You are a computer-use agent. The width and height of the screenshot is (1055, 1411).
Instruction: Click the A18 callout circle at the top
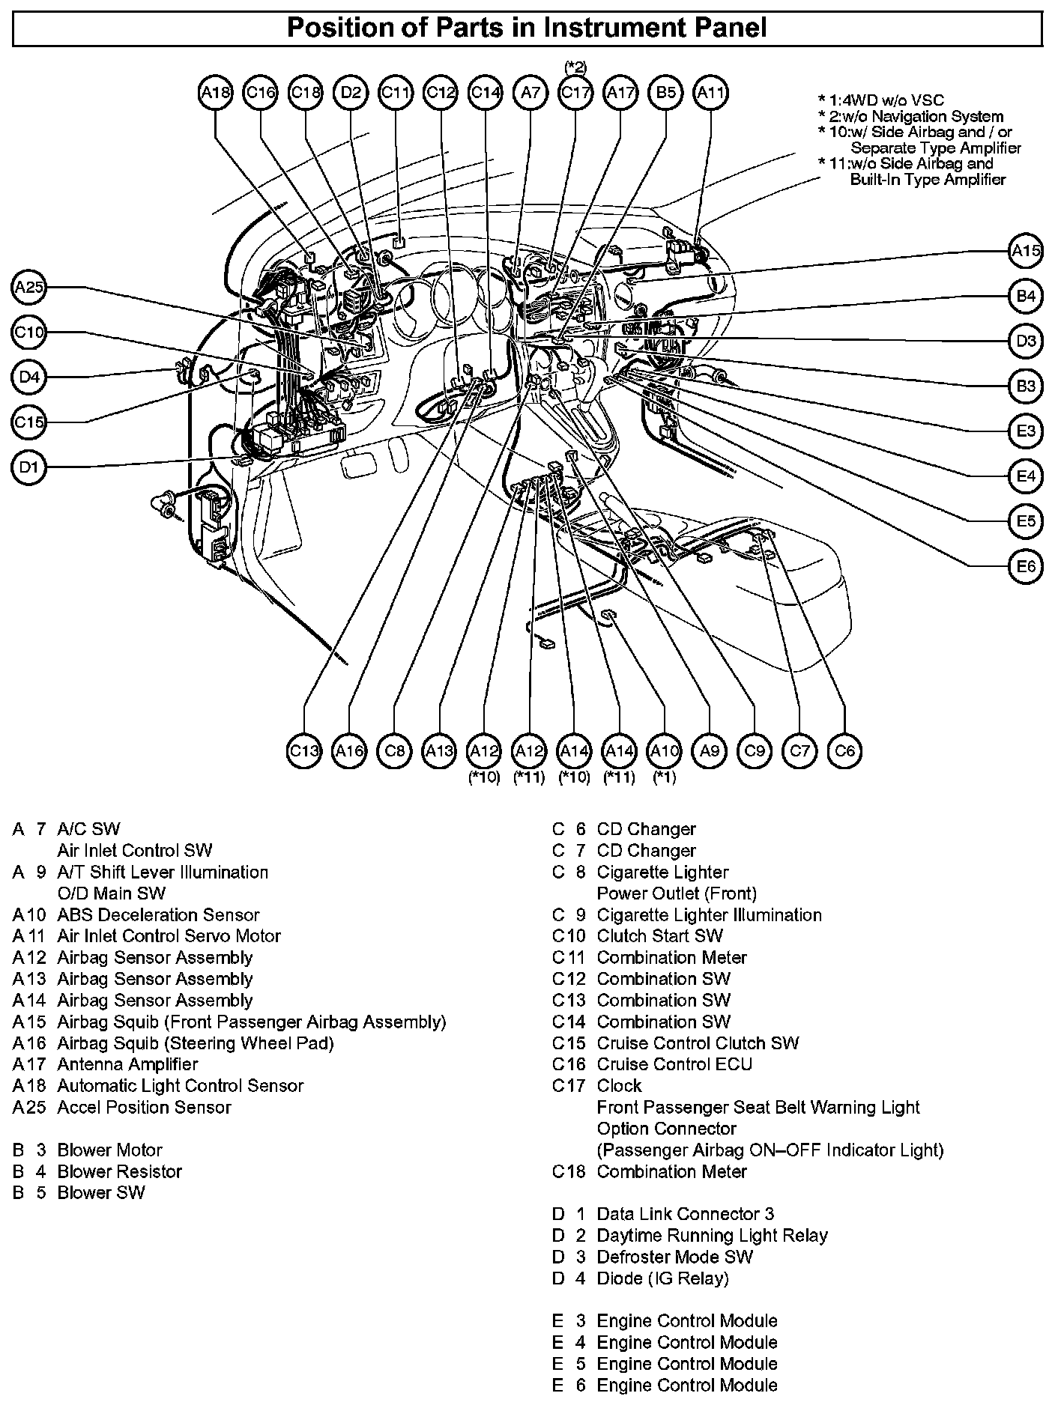pos(216,93)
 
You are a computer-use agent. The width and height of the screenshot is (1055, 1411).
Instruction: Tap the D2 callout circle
pos(351,93)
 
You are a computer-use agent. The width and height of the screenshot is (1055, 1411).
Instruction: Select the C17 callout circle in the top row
pos(575,93)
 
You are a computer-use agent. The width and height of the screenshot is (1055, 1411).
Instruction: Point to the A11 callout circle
pos(710,93)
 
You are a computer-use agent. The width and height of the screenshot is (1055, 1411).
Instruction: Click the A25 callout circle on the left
pos(29,288)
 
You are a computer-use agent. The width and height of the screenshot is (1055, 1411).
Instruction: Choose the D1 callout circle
pos(29,468)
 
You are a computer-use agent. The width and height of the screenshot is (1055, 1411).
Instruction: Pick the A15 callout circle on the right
pos(1026,251)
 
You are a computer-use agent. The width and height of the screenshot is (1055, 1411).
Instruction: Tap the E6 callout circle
pos(1026,566)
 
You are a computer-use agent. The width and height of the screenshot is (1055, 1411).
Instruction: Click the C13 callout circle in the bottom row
pos(305,750)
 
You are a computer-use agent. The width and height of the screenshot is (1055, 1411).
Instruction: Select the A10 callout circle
pos(665,750)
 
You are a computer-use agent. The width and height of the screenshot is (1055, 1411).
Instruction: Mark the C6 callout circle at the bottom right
pos(844,750)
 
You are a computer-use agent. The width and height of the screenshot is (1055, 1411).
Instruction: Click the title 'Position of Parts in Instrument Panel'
pos(527,28)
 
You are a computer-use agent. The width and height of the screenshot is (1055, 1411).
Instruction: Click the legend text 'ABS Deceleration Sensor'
pos(158,914)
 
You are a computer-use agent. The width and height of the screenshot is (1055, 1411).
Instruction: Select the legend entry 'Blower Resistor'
pos(119,1171)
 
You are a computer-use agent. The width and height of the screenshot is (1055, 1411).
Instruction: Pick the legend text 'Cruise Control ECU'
pos(674,1064)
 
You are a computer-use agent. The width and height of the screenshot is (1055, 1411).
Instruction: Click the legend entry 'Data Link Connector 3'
pos(686,1214)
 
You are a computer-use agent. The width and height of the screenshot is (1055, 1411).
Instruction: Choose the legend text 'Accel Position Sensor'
pos(144,1107)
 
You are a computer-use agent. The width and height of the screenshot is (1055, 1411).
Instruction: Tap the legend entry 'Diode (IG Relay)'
pos(662,1278)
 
